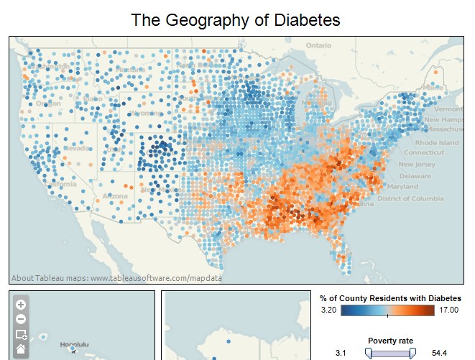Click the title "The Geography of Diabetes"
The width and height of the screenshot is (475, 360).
click(x=236, y=19)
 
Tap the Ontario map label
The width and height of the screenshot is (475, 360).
click(x=318, y=45)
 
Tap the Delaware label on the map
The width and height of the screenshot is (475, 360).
click(x=415, y=176)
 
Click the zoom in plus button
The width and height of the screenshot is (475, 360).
click(x=21, y=305)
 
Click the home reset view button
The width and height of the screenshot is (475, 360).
click(x=21, y=349)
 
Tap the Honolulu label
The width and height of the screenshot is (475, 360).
click(x=73, y=344)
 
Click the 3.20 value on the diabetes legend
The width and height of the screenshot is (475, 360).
click(x=328, y=310)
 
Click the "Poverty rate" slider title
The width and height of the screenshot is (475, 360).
click(x=390, y=341)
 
